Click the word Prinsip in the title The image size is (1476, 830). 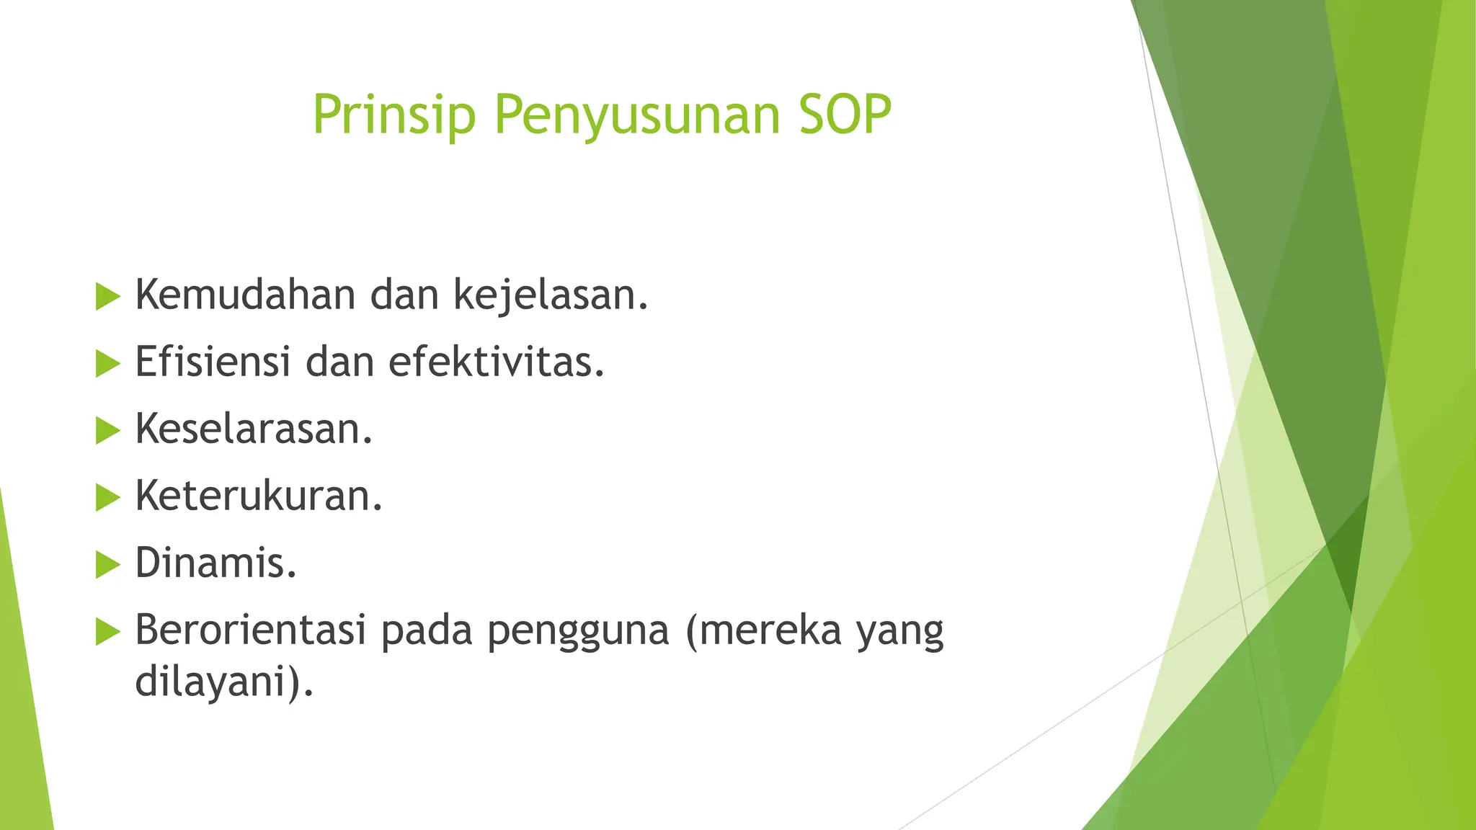click(x=394, y=115)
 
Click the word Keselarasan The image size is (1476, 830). click(x=254, y=429)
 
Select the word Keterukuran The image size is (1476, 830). click(x=258, y=496)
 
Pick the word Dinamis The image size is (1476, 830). click(x=215, y=563)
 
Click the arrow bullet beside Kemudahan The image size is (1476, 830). click(x=107, y=297)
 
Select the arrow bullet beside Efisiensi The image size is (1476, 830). click(x=107, y=364)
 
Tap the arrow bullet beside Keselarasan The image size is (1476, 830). click(x=107, y=431)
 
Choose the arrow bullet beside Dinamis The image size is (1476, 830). click(x=107, y=565)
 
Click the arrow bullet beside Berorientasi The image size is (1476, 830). click(x=107, y=632)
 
